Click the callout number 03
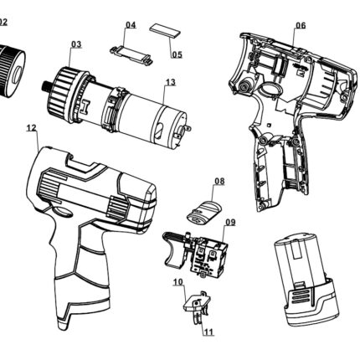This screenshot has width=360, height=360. tap(76, 44)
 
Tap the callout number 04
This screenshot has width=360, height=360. tap(131, 25)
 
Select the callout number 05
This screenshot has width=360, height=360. tap(177, 54)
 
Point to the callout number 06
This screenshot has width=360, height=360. tap(301, 25)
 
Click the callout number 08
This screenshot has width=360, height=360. tap(219, 181)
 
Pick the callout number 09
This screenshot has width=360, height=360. tap(230, 223)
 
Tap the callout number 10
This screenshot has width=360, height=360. tap(178, 282)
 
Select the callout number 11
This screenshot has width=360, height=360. tap(208, 332)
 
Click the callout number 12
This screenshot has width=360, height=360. tap(32, 128)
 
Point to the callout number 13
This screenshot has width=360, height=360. tap(171, 82)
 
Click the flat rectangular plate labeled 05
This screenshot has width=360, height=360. tap(165, 31)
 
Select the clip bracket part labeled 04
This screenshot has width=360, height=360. tap(131, 54)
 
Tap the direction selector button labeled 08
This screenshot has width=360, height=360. tap(204, 212)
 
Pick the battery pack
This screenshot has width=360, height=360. tap(306, 279)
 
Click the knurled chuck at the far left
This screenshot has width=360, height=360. tap(11, 70)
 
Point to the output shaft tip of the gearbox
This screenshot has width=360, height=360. tap(46, 85)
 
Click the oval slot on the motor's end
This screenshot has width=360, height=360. tap(159, 131)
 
